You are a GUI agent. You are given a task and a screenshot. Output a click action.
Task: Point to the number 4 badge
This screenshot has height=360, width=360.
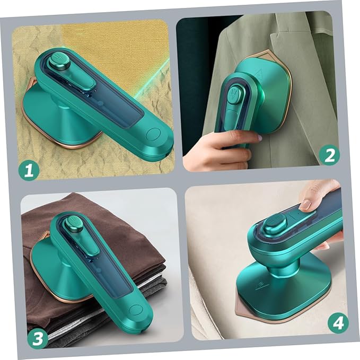pyautogui.click(x=338, y=322)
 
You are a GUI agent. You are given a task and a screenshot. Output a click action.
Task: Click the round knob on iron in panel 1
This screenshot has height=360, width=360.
pyautogui.click(x=59, y=63)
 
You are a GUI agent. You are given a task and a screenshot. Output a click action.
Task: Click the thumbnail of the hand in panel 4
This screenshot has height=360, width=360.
pyautogui.click(x=306, y=204)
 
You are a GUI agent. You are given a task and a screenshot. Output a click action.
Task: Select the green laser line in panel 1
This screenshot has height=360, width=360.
pyautogui.click(x=154, y=74)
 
